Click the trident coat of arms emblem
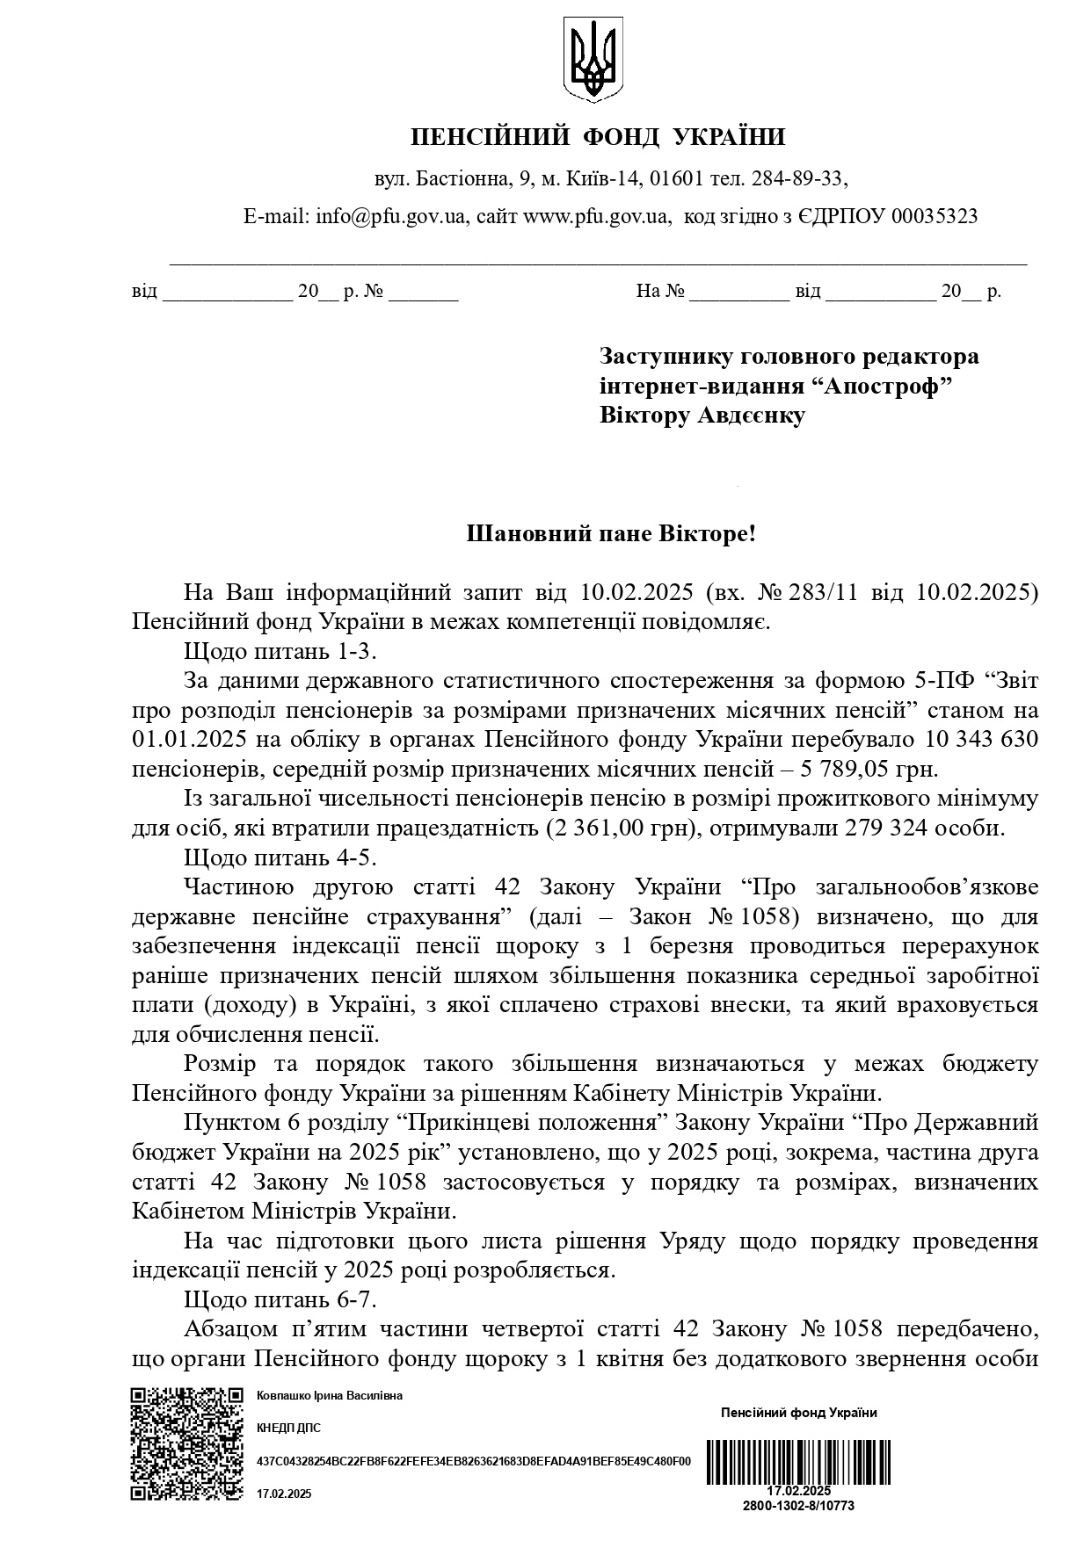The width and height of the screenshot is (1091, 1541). pos(593,59)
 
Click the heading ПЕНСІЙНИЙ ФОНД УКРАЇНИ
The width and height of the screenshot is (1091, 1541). pos(598,137)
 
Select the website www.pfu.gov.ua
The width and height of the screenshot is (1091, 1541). pos(596,216)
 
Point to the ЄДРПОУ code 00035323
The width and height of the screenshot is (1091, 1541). pos(934,216)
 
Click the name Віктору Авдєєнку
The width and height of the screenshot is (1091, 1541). pos(702,416)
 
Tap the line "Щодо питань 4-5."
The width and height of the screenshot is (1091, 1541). pos(280,857)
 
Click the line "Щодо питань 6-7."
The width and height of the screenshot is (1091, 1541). pos(280,1299)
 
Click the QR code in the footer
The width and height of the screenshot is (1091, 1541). pos(186,1443)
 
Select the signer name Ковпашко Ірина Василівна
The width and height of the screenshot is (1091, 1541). pos(329,1396)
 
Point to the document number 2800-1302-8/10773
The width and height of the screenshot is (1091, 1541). pos(798,1505)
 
